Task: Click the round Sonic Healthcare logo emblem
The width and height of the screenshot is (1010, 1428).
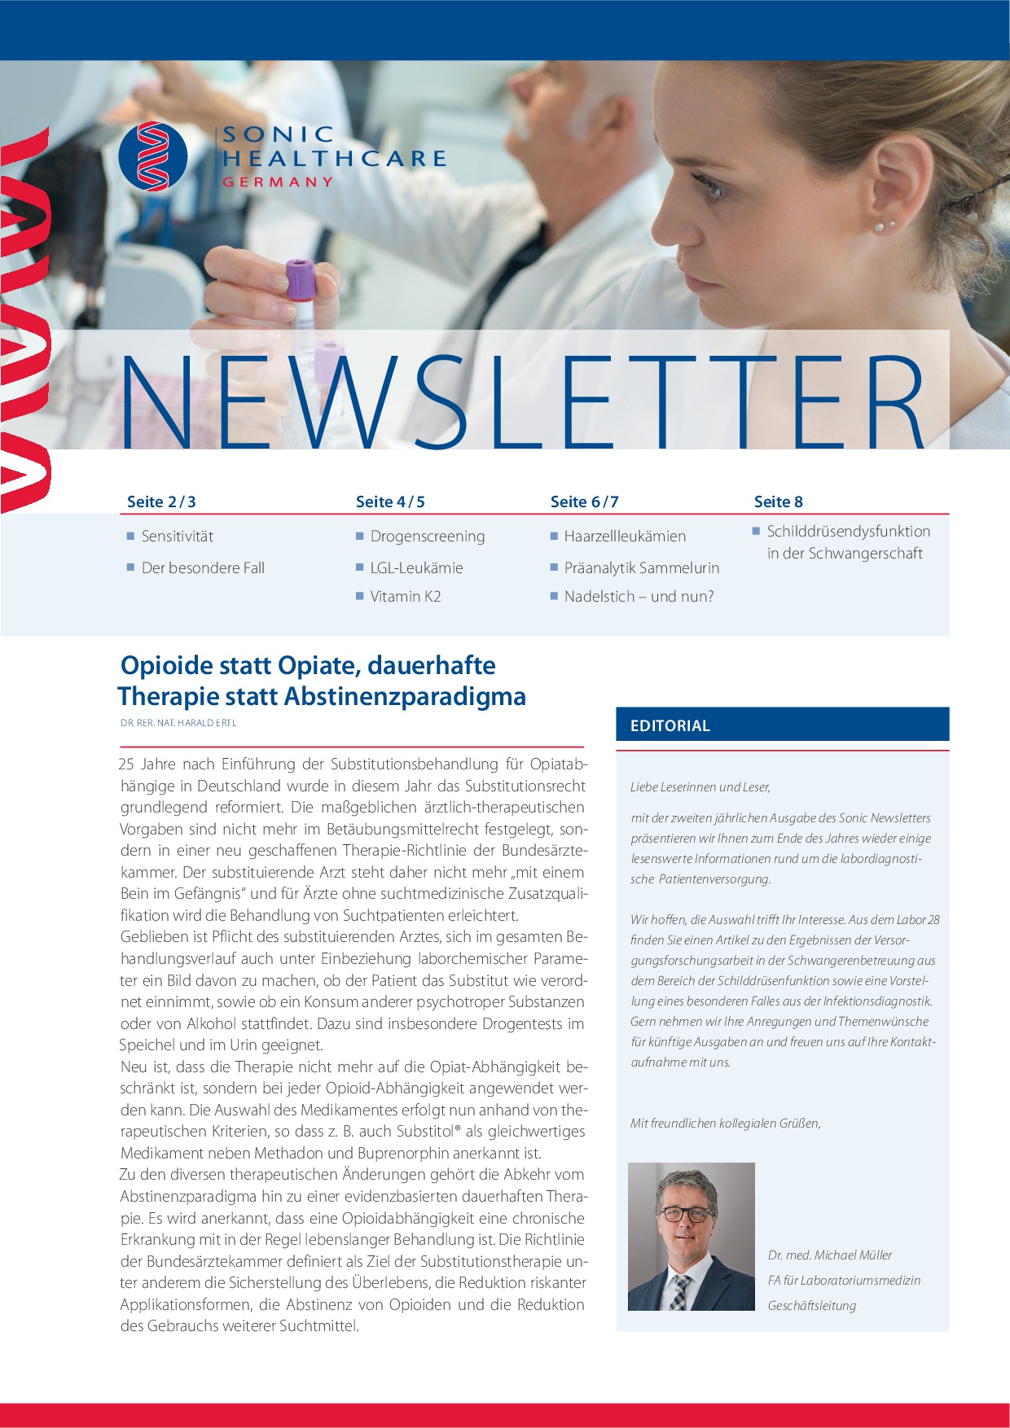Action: tap(153, 156)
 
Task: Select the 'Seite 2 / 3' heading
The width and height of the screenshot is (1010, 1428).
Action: tap(161, 502)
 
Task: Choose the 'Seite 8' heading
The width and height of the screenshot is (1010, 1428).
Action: tap(778, 502)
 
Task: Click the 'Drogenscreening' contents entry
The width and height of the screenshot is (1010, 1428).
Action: tap(427, 537)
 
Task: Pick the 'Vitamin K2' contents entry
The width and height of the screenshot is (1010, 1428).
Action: tap(405, 597)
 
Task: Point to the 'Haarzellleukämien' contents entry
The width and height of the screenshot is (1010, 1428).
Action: tap(625, 537)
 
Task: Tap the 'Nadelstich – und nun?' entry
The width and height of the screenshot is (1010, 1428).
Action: tap(639, 597)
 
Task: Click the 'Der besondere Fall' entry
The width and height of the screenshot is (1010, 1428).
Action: tap(203, 568)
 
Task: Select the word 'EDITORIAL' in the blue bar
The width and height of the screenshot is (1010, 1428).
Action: tap(670, 725)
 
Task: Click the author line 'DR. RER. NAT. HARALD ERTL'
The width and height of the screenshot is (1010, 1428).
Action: tap(178, 723)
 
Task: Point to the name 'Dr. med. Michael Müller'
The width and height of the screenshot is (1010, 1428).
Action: tap(829, 1255)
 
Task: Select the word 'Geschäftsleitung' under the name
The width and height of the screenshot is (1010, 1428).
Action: tap(811, 1305)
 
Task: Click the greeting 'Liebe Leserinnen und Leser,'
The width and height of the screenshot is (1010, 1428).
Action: tap(700, 786)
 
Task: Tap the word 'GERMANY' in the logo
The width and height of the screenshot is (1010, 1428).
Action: tap(278, 182)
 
